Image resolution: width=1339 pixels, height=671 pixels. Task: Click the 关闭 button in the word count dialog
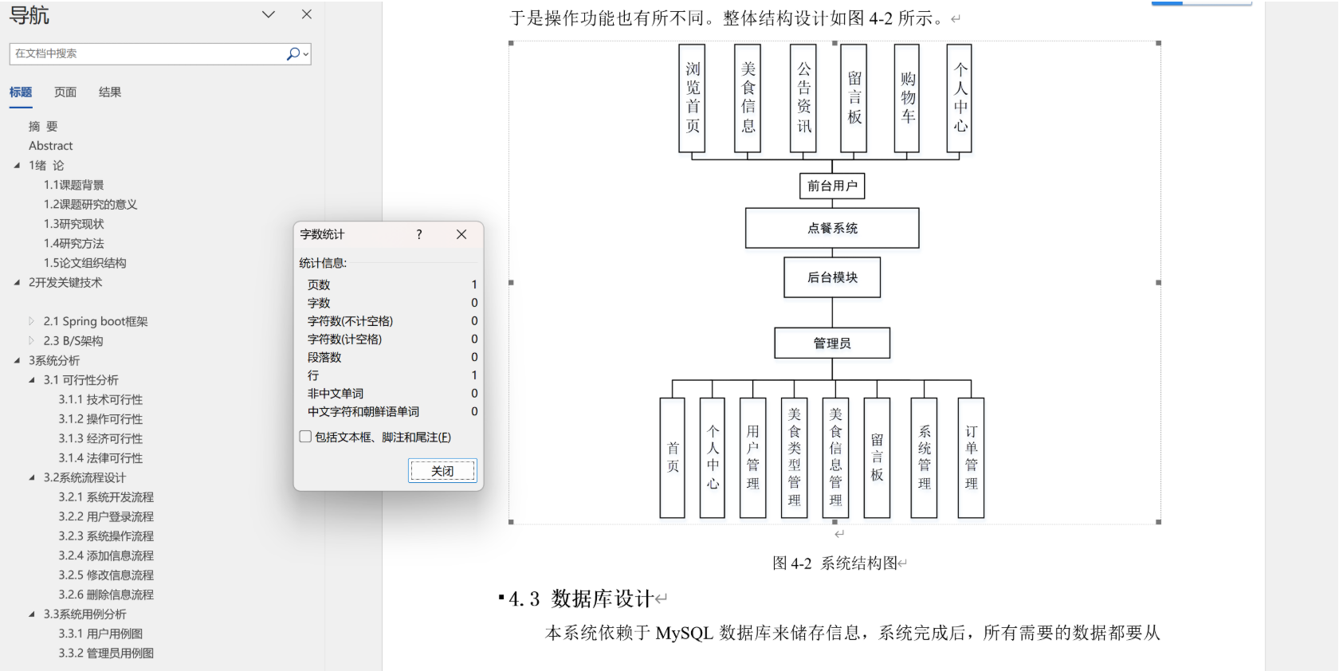[442, 471]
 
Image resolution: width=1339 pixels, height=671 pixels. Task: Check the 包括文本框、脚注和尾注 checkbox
[305, 437]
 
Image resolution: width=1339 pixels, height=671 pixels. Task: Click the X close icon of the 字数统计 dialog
[461, 234]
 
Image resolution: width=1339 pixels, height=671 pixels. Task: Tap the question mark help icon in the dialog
[419, 234]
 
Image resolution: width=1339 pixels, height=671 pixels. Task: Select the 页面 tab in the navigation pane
[65, 92]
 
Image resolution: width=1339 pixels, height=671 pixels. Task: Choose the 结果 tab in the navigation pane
[110, 92]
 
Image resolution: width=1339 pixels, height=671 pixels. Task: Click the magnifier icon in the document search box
[293, 53]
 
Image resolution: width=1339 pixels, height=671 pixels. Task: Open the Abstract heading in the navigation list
[51, 146]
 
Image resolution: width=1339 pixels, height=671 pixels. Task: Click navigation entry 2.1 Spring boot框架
[96, 321]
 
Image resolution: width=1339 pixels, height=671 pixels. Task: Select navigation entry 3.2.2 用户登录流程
[106, 516]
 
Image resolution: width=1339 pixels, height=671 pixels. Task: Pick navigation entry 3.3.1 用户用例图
[100, 634]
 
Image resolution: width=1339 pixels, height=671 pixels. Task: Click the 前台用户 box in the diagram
[832, 186]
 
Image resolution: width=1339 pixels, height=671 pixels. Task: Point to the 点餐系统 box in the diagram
[832, 228]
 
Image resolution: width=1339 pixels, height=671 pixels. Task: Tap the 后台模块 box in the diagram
[832, 277]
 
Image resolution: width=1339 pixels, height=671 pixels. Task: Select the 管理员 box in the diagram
[832, 343]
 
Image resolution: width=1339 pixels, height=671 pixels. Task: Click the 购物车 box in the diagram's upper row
[907, 98]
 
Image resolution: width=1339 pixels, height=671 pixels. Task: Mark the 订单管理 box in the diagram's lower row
[971, 457]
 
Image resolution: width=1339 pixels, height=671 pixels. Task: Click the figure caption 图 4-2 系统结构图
[838, 563]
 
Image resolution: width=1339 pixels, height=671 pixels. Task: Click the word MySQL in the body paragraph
[684, 633]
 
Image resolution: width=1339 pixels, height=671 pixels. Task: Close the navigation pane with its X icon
[307, 14]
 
